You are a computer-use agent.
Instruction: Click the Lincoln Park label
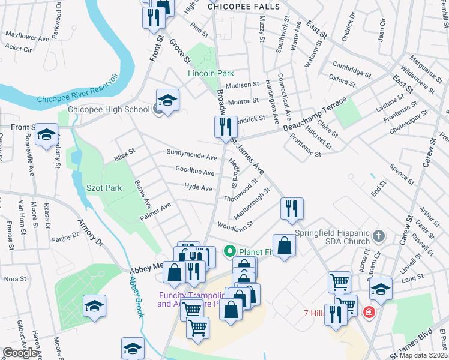point(211,73)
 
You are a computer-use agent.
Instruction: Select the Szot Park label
point(106,188)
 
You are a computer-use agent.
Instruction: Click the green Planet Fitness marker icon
point(229,251)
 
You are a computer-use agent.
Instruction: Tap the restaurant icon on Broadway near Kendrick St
point(226,127)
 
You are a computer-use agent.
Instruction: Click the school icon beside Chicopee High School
point(168,100)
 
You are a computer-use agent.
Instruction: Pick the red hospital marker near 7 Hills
point(368,313)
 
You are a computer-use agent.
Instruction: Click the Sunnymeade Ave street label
point(192,157)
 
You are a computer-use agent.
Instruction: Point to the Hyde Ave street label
point(198,188)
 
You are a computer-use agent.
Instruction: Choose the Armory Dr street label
point(91,232)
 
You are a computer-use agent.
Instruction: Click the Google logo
point(20,353)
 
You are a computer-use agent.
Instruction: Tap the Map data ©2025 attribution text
point(424,355)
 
